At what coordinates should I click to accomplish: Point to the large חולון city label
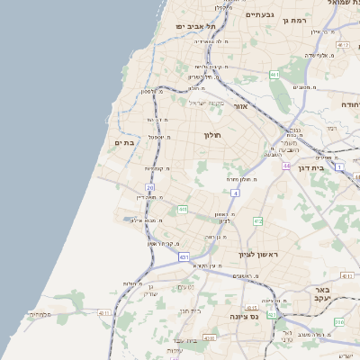[211, 134]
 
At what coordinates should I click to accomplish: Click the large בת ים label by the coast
[124, 142]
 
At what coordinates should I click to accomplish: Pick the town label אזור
[240, 106]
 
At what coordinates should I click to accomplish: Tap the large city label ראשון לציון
[258, 255]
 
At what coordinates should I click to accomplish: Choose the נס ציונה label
[243, 316]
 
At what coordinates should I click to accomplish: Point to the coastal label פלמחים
[40, 314]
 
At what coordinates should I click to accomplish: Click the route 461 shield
[274, 75]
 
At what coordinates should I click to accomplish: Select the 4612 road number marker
[343, 44]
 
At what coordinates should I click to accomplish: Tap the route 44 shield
[286, 166]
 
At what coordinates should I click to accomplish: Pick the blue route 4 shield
[235, 193]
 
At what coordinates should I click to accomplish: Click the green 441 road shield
[183, 210]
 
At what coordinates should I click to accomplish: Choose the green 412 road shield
[258, 220]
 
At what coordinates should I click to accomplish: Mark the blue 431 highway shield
[184, 256]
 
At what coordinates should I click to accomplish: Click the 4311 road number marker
[104, 313]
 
